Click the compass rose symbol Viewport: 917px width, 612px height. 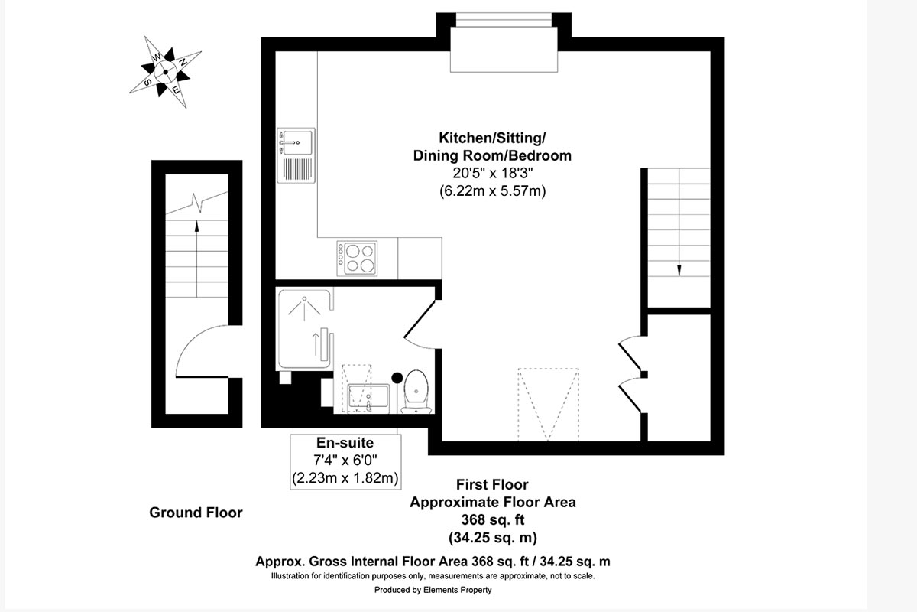tap(165, 72)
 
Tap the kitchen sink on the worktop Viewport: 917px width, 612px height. tap(296, 155)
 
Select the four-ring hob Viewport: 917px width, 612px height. tap(357, 259)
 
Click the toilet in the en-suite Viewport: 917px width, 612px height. tap(416, 392)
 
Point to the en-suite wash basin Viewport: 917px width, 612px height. tap(368, 398)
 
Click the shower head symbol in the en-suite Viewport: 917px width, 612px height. tap(304, 308)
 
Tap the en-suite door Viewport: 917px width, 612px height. tap(420, 324)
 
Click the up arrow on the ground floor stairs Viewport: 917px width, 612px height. tap(196, 259)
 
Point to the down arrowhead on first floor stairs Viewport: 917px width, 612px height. tap(679, 270)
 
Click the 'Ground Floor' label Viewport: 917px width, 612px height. tap(196, 513)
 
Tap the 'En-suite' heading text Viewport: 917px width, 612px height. tap(345, 443)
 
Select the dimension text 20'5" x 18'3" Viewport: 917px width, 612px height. tap(492, 173)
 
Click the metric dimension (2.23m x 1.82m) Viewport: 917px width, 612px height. tap(345, 478)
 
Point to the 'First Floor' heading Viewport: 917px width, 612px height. tap(492, 484)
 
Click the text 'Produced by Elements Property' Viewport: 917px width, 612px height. tap(433, 590)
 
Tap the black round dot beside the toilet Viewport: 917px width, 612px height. tap(397, 378)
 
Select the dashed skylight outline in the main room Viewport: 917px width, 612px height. tap(548, 405)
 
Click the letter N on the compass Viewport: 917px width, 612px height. tap(183, 62)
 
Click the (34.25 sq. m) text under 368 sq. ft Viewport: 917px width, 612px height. tap(492, 537)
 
